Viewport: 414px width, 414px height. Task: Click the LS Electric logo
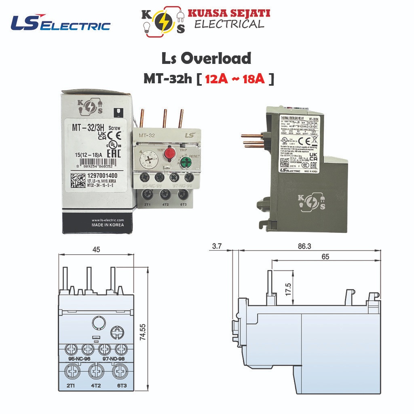point(61,23)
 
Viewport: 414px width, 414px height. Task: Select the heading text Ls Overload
point(206,59)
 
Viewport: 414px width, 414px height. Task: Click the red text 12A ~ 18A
point(234,78)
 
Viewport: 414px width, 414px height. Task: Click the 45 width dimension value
point(96,249)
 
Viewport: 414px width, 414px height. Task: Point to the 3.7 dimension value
point(217,246)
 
